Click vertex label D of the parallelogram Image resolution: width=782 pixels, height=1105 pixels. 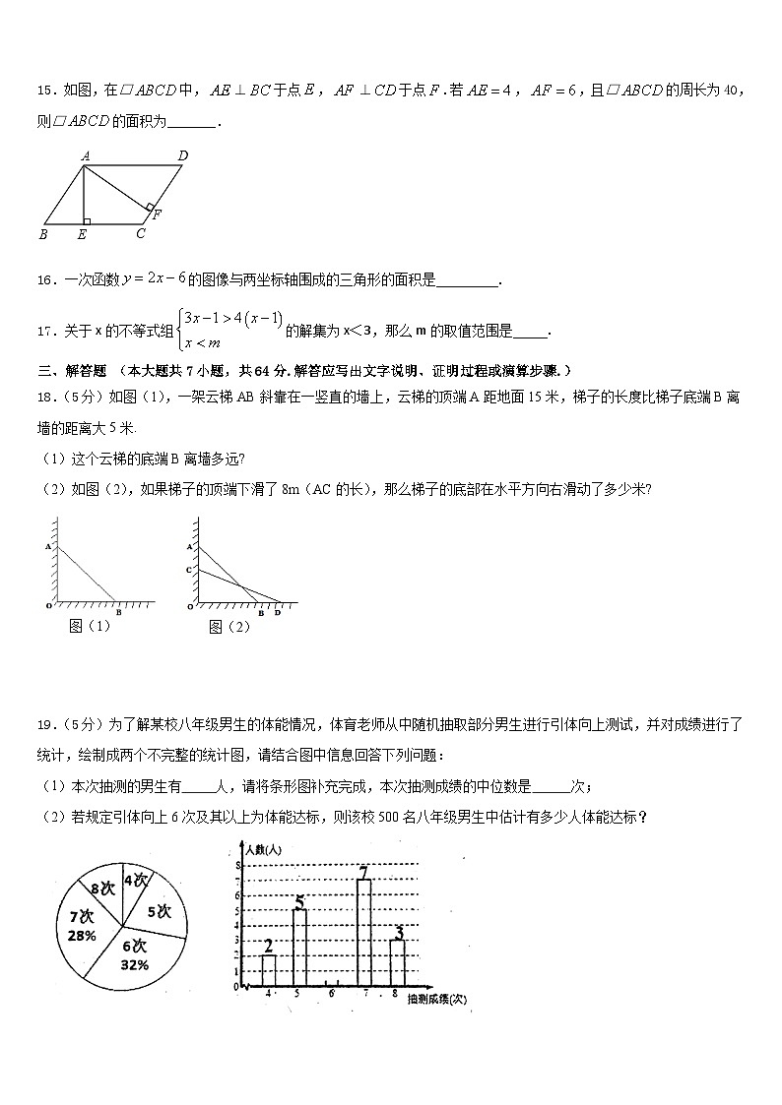coord(183,155)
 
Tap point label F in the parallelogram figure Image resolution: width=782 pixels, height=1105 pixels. coord(156,215)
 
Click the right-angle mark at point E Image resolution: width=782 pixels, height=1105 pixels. coord(87,220)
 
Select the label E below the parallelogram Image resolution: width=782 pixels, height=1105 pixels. coord(82,234)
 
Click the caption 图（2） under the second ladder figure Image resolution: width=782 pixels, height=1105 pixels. coord(229,627)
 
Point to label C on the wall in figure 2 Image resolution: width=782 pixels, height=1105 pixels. coord(187,571)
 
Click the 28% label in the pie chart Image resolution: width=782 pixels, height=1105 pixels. coord(83,936)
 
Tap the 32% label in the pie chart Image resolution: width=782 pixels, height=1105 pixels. coord(135,965)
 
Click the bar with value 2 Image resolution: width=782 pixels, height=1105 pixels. coord(269,969)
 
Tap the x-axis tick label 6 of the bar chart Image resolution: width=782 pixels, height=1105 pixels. coord(332,995)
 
